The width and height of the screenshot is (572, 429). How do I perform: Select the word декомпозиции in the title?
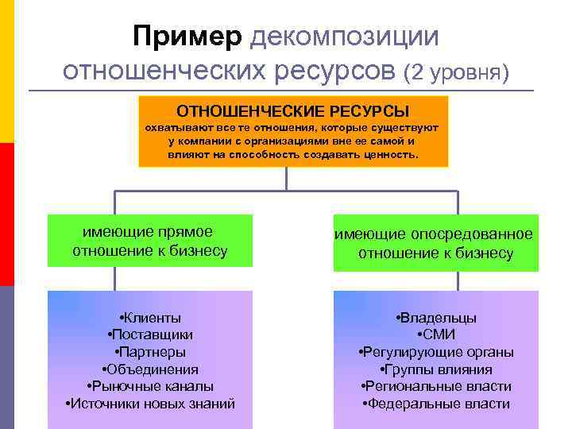coord(344,36)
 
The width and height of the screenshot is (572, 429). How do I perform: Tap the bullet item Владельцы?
coord(435,317)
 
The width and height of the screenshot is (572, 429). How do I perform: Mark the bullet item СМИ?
coord(435,334)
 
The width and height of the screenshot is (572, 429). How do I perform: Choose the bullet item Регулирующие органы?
coord(435,352)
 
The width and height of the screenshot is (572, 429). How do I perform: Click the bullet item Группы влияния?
coord(435,369)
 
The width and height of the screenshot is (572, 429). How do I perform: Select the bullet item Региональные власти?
coord(435,386)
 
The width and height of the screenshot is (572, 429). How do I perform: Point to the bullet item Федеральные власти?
coord(435,404)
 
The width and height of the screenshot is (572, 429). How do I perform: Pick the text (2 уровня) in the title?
coord(457,73)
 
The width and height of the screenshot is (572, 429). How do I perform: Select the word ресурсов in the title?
coord(338,71)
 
